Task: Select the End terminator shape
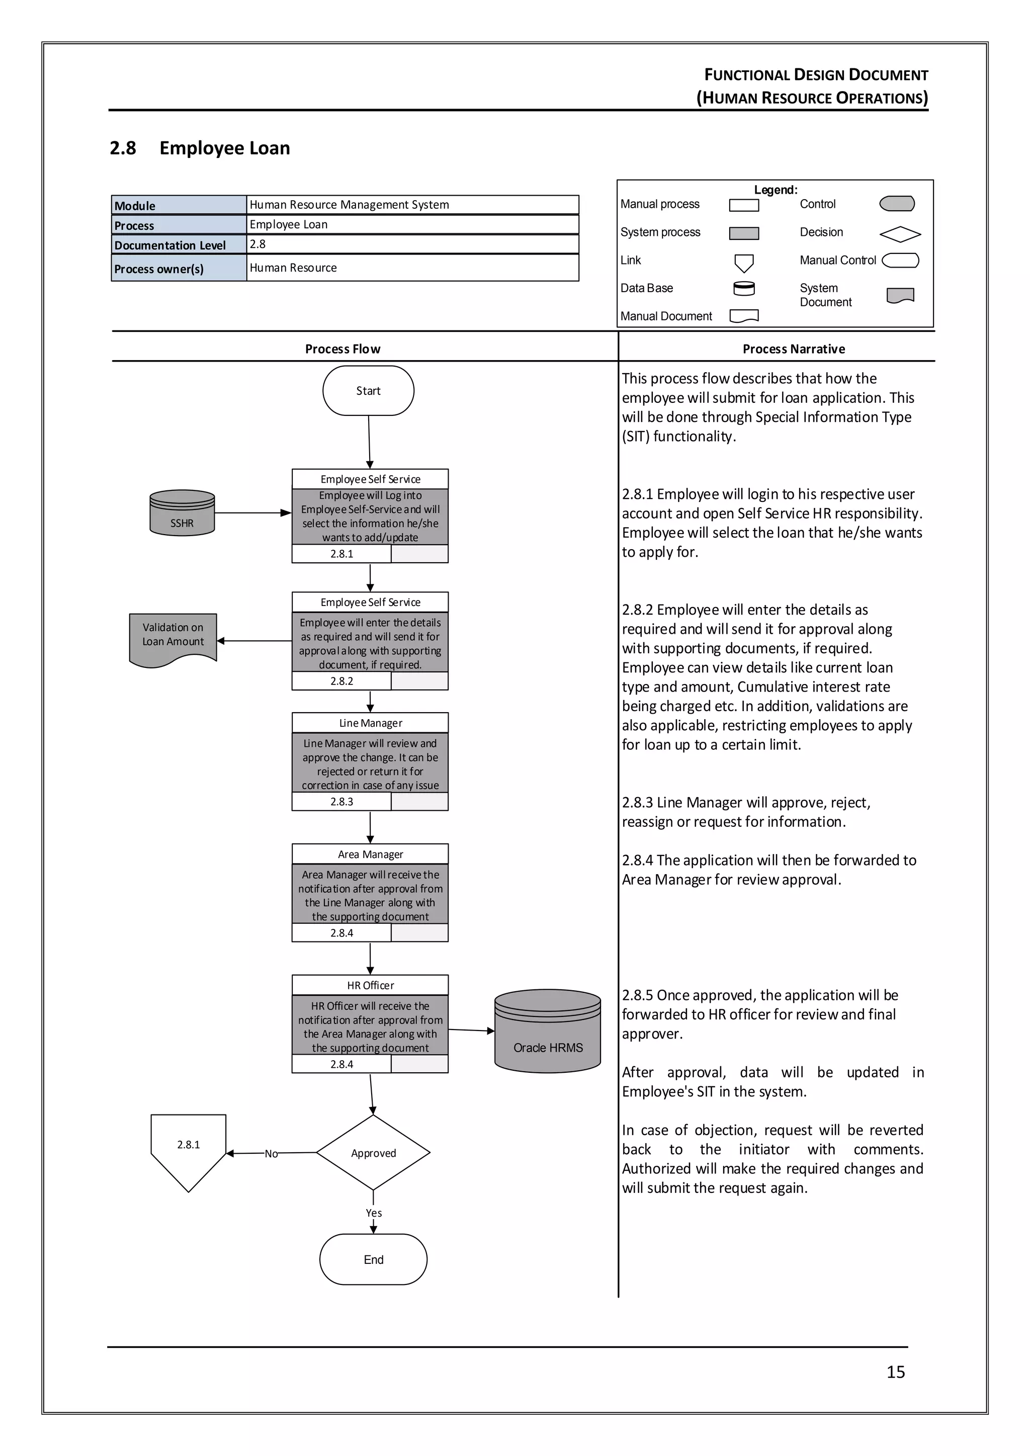pos(373,1259)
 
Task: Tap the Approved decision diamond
pos(373,1153)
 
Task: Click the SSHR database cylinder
pos(182,513)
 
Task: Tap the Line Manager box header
pos(370,723)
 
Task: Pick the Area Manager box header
pos(370,854)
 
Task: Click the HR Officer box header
pos(370,985)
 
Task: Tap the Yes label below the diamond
pos(374,1213)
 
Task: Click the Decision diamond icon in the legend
pos(900,234)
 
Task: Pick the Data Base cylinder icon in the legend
pos(744,289)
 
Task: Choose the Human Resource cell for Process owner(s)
pos(412,268)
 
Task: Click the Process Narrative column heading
pos(794,349)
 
